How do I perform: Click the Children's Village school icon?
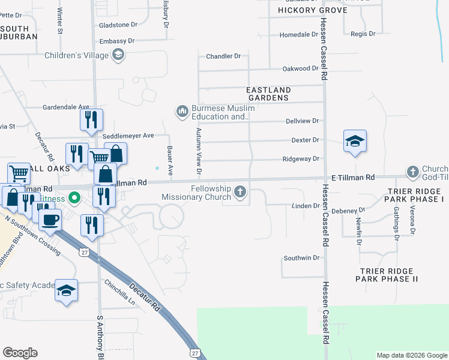(x=118, y=56)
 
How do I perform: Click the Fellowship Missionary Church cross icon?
(x=240, y=193)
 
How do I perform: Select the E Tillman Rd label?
(x=353, y=178)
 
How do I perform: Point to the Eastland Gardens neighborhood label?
(x=268, y=94)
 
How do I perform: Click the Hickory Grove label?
(x=312, y=11)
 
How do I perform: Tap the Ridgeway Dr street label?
(x=301, y=159)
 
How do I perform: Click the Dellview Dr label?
(x=302, y=121)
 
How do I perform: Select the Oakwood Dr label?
(x=300, y=68)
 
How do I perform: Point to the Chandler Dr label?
(x=223, y=56)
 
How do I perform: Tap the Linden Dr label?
(x=308, y=206)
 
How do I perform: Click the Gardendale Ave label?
(x=65, y=107)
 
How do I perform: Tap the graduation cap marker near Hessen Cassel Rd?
(x=355, y=142)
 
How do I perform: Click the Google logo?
(x=20, y=353)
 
